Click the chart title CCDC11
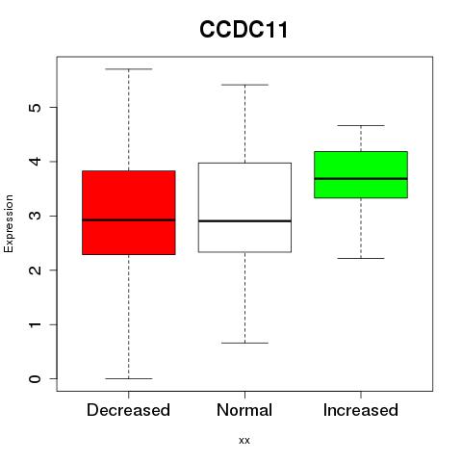click(244, 30)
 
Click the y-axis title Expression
click(9, 223)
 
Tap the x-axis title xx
click(244, 440)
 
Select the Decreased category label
click(128, 410)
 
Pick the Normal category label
click(244, 410)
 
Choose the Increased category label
click(361, 410)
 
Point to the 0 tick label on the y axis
click(36, 379)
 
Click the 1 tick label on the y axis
click(36, 324)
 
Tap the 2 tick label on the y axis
click(36, 270)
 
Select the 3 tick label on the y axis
click(36, 216)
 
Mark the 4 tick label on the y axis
click(36, 162)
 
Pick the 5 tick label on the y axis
click(36, 107)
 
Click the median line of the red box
click(129, 220)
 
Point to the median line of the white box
click(244, 221)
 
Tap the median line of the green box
click(361, 178)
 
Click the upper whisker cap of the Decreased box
click(129, 69)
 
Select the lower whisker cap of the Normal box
click(244, 343)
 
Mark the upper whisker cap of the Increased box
click(361, 125)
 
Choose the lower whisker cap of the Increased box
click(361, 258)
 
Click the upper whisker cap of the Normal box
click(244, 85)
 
